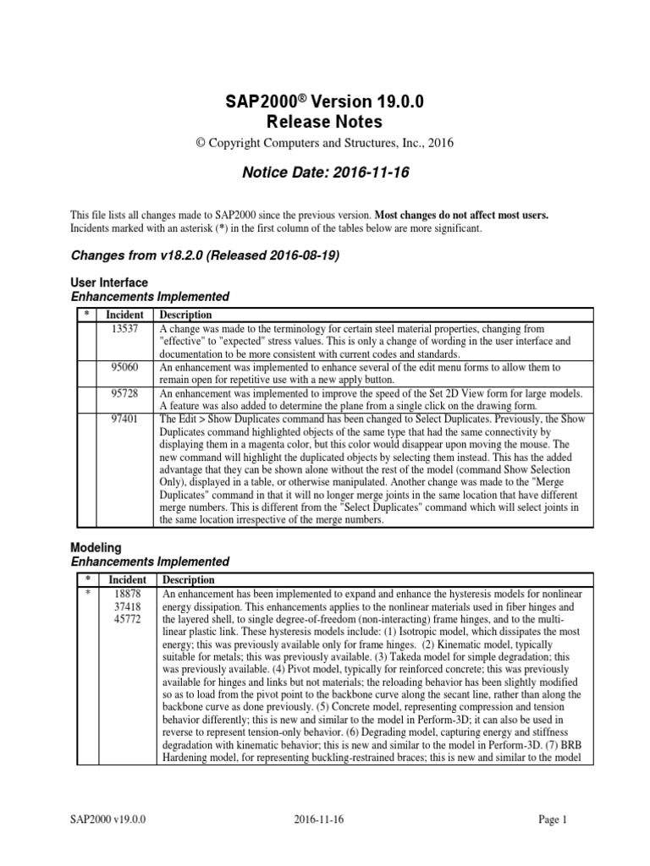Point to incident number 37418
127,607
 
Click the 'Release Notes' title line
325,122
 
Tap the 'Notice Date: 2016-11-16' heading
325,173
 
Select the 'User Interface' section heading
109,282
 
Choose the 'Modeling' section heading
97,549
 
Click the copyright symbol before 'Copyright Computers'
201,144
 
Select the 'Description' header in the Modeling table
188,581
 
